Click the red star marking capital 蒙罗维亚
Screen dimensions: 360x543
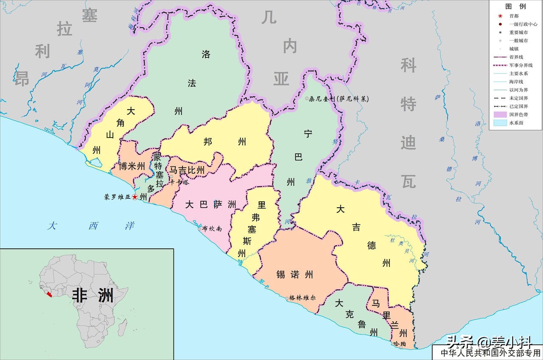coord(135,197)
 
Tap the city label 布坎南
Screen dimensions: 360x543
coord(213,228)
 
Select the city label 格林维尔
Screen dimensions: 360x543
coord(303,298)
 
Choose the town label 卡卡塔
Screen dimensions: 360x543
coord(180,183)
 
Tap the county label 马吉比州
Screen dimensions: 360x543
coord(187,170)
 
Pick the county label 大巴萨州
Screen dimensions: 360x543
coord(210,205)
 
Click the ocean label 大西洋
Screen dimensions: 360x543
coord(90,225)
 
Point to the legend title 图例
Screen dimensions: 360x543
coord(515,6)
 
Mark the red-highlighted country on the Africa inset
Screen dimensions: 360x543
coord(50,294)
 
